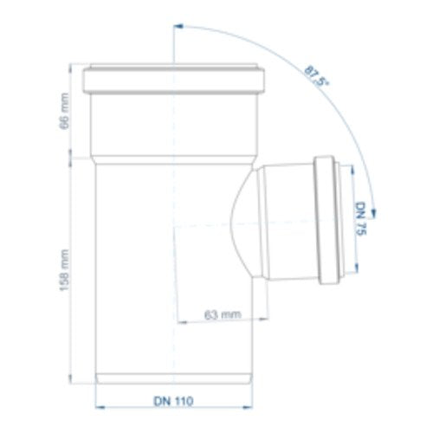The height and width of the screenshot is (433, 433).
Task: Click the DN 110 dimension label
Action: pos(173,401)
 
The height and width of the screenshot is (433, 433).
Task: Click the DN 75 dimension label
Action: pos(361,218)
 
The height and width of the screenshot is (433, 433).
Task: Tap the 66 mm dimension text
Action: pos(64,111)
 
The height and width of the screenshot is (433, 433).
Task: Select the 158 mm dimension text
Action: pos(64,270)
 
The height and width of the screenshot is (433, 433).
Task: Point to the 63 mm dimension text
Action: pos(223,314)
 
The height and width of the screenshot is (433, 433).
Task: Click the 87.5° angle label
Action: pos(317,76)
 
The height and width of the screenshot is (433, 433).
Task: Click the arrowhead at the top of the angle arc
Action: pos(178,26)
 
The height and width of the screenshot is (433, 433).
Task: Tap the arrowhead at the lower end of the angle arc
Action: pos(374,212)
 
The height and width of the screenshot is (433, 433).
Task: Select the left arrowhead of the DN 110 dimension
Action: pos(100,407)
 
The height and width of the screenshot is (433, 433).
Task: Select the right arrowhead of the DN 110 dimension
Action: pos(248,407)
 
